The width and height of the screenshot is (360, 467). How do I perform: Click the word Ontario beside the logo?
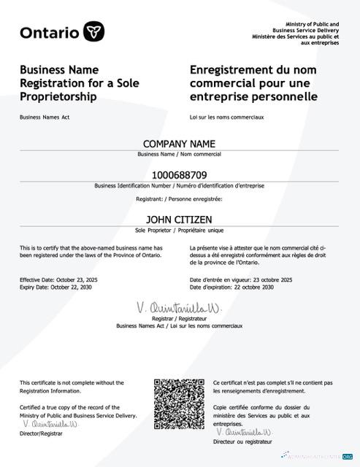tap(50, 32)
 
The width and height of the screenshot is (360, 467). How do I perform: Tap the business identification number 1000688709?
tap(180, 175)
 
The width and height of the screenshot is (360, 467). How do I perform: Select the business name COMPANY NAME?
tap(179, 143)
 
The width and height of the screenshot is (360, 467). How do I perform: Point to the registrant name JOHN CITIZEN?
tap(179, 219)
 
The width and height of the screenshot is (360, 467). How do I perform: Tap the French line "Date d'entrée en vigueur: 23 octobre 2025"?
tap(241, 279)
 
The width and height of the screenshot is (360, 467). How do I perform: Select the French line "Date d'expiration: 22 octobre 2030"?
tap(231, 287)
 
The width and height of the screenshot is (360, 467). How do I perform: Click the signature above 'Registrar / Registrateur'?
tap(179, 307)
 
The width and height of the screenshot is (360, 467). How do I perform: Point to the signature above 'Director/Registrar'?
tap(50, 423)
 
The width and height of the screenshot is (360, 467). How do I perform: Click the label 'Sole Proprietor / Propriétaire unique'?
tap(179, 230)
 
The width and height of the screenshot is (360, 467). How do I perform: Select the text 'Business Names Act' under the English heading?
tap(45, 117)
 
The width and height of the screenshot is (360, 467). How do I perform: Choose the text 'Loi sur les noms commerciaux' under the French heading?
tap(226, 117)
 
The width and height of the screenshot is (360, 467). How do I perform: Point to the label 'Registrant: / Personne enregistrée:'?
tap(179, 198)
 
